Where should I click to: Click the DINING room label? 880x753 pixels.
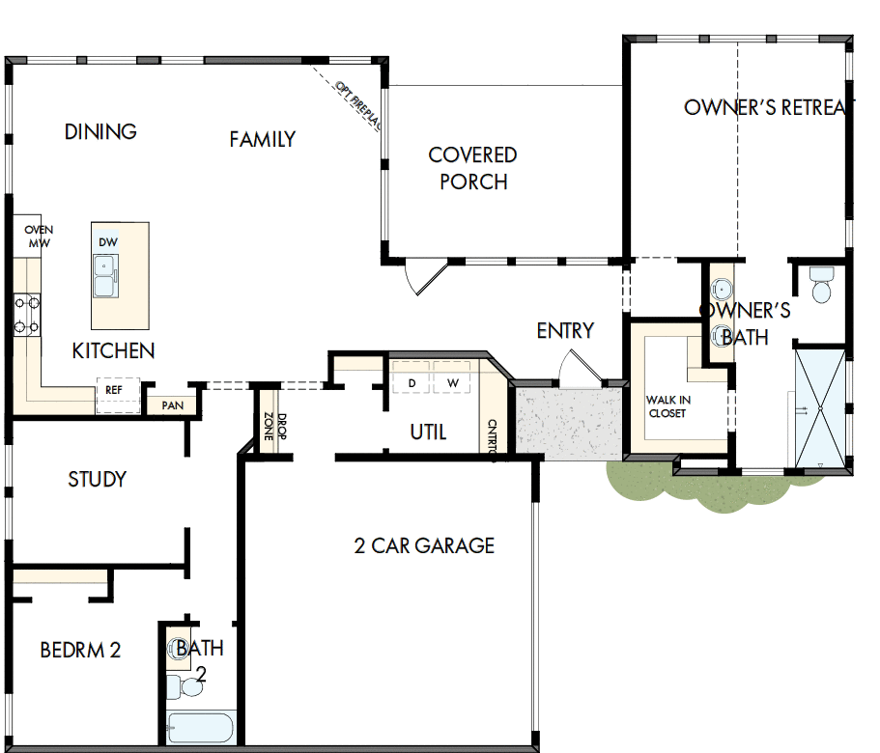(100, 131)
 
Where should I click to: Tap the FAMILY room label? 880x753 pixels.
(262, 139)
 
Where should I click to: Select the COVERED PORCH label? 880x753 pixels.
(472, 168)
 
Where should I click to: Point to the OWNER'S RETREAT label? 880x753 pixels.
(764, 107)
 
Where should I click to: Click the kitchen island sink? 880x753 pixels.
(106, 277)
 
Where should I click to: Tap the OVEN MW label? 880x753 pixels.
(39, 237)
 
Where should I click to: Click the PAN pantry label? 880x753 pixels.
(172, 404)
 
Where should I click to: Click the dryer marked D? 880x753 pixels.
(412, 382)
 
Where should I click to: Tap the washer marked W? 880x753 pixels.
(452, 382)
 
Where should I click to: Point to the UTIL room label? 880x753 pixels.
(428, 432)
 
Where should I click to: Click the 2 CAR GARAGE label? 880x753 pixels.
(424, 545)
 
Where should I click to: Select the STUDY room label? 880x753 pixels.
(97, 479)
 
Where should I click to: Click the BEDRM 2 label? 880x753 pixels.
(80, 650)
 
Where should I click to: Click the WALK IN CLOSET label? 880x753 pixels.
(667, 406)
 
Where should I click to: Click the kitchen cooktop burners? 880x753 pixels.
(26, 315)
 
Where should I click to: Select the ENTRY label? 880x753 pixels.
(565, 331)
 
